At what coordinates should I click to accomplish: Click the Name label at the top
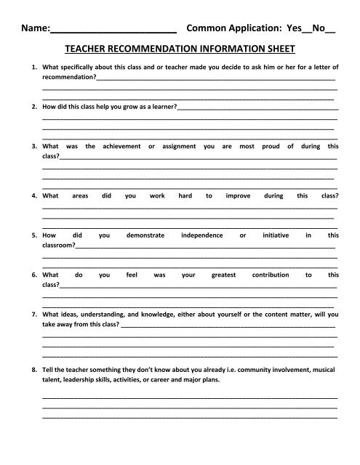[34, 31]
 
